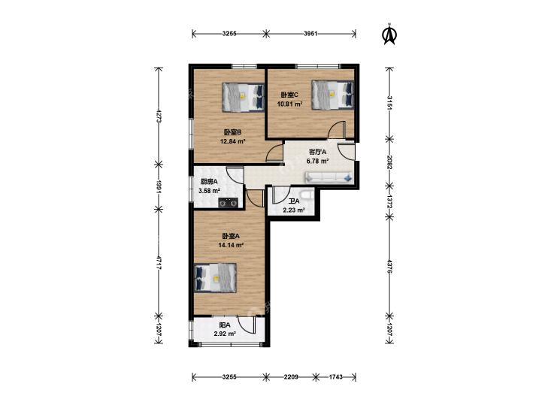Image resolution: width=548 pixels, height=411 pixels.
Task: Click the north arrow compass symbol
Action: pos(389,35)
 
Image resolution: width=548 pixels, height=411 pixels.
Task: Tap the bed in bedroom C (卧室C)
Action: pos(333,95)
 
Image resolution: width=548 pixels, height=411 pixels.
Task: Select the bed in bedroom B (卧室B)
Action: pos(244,98)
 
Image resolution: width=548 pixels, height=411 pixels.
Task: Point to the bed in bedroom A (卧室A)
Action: pos(215,277)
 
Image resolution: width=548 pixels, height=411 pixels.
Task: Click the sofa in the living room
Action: pos(329,177)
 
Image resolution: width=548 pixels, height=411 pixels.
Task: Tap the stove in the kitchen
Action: pos(229,203)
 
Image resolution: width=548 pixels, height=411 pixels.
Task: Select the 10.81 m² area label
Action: pos(289,104)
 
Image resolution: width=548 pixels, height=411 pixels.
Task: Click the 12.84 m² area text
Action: pos(233,141)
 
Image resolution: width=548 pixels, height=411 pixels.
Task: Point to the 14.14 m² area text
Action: pos(231,245)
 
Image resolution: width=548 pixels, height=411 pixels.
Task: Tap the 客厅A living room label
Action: pos(317,152)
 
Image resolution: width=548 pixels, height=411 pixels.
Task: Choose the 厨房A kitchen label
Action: pos(209,182)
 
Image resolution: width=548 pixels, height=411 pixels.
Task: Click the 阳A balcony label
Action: pos(225,325)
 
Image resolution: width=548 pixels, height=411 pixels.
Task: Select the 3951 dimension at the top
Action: pos(310,34)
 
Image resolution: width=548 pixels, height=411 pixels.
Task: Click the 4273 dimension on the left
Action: pos(159,116)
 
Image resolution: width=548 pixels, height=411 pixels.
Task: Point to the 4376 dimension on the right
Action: pos(389,267)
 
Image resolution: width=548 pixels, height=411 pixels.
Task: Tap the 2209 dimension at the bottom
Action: pos(291,376)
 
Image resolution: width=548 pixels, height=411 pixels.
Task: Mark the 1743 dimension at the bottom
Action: pos(336,376)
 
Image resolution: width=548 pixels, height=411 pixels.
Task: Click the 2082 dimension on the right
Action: pos(389,162)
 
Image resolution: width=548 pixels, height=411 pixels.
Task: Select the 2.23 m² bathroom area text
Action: pos(294,210)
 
